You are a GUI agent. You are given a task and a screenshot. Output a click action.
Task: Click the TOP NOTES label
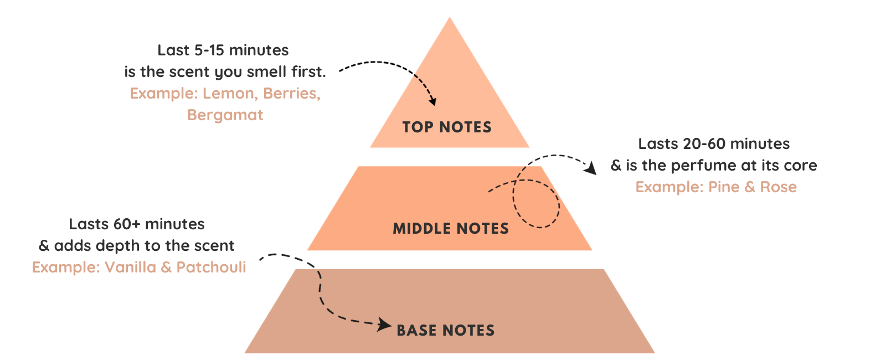click(447, 127)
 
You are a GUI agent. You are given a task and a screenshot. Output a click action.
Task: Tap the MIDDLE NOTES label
click(451, 229)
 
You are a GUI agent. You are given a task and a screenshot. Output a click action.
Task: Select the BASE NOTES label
click(446, 331)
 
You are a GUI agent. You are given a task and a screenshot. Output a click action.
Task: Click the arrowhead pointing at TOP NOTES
click(432, 101)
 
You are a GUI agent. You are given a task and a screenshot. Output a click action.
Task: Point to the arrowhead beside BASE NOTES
click(384, 325)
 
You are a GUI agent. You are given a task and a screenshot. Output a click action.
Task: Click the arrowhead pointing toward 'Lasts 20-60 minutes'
click(591, 168)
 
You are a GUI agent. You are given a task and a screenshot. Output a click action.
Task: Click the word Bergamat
click(225, 115)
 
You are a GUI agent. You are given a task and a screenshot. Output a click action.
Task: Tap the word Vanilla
click(130, 268)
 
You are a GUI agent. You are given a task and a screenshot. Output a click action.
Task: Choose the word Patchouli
click(211, 268)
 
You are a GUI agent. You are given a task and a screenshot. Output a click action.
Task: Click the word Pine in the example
click(724, 187)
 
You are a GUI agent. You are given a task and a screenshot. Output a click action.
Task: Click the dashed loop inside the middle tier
click(536, 203)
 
